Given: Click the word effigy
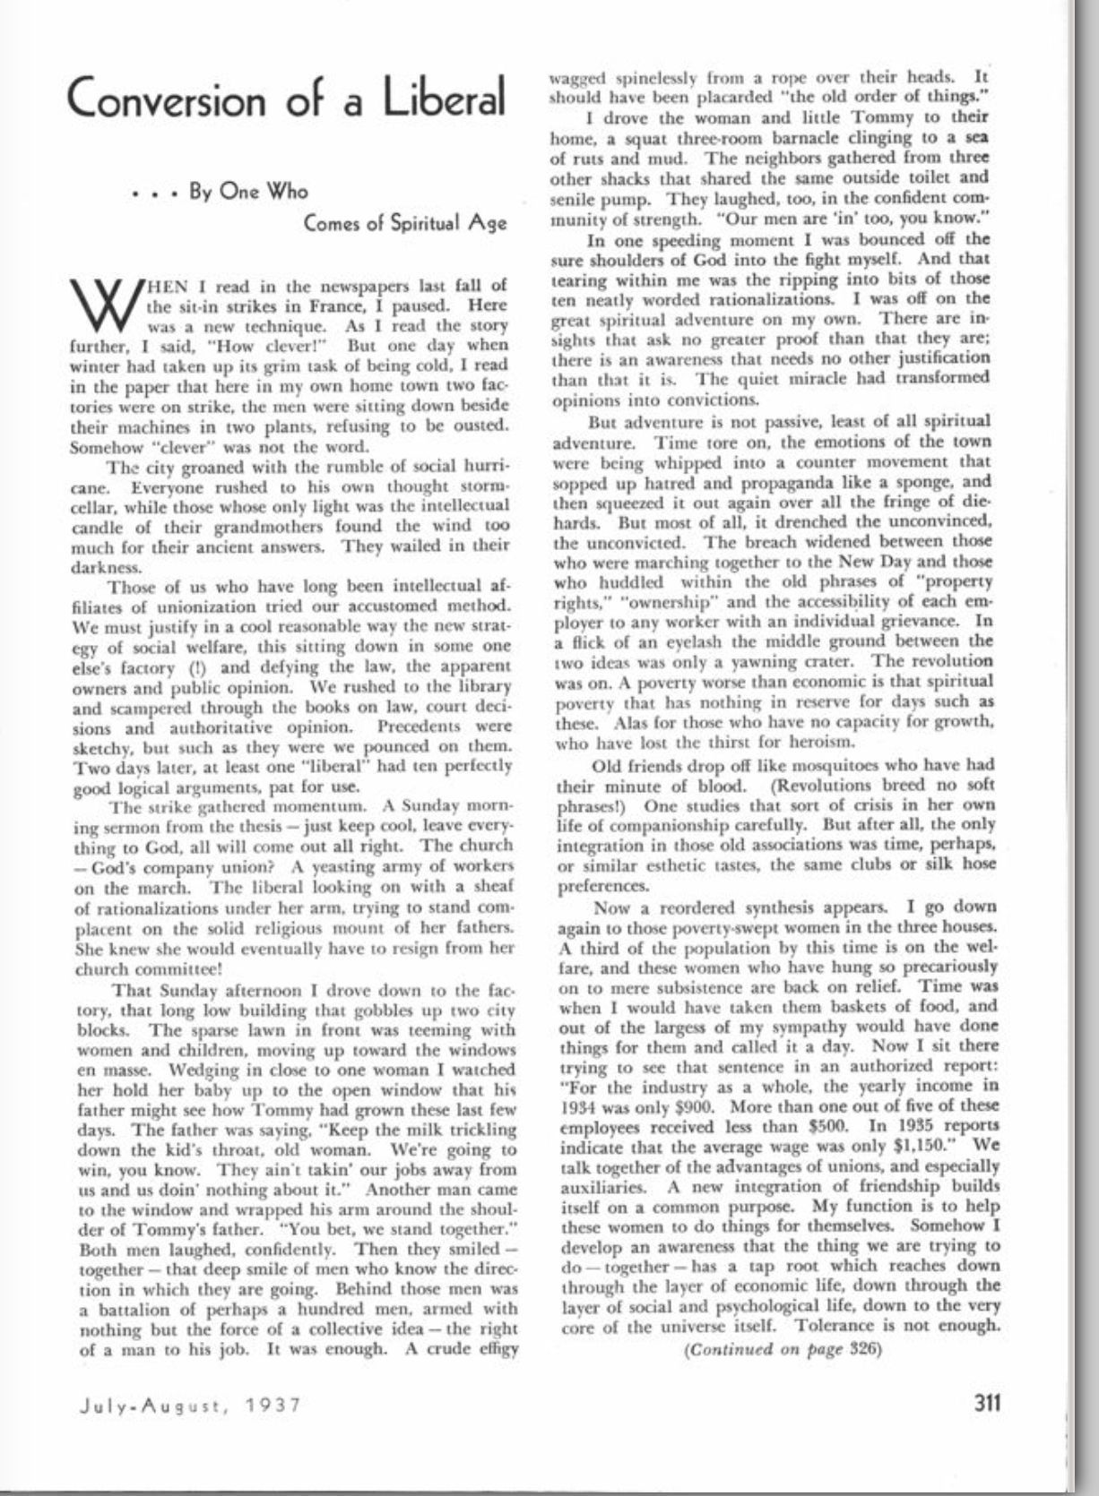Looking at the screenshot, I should point(494,1349).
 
